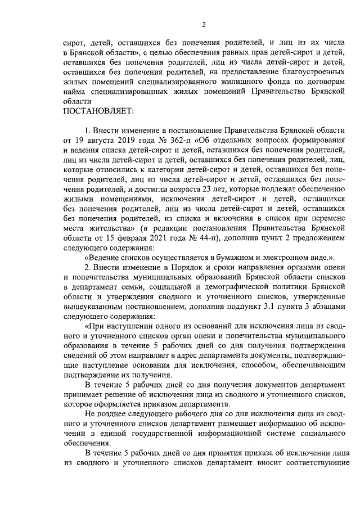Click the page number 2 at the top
click(204, 24)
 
